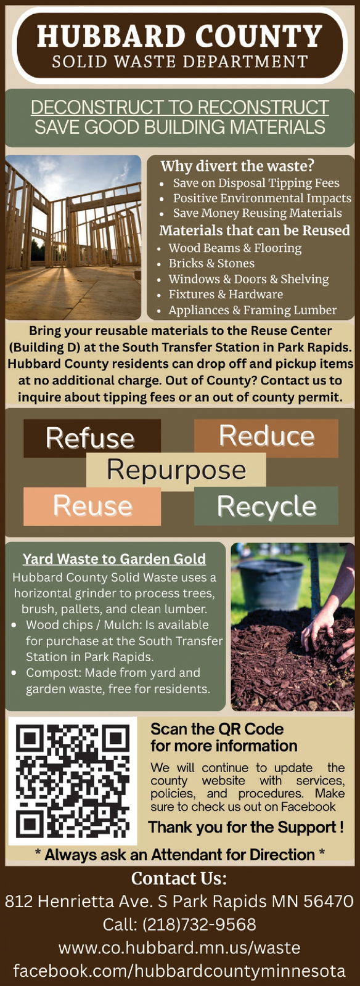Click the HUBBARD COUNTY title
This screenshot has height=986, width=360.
(179, 36)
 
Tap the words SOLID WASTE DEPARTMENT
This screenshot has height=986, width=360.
(180, 62)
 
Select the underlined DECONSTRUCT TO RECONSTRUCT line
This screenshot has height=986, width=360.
(179, 107)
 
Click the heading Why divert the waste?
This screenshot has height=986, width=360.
(237, 166)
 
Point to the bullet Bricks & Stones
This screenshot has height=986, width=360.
(211, 263)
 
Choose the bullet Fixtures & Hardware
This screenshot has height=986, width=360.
(226, 294)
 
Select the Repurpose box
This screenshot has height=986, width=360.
(176, 470)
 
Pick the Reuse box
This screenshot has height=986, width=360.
(92, 506)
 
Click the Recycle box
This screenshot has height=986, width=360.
(266, 506)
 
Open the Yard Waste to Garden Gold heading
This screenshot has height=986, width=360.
(115, 558)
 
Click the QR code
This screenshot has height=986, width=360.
(73, 781)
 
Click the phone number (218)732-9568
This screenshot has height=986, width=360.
(199, 924)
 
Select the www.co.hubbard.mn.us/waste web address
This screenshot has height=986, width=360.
(179, 948)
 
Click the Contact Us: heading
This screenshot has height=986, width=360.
(179, 879)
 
